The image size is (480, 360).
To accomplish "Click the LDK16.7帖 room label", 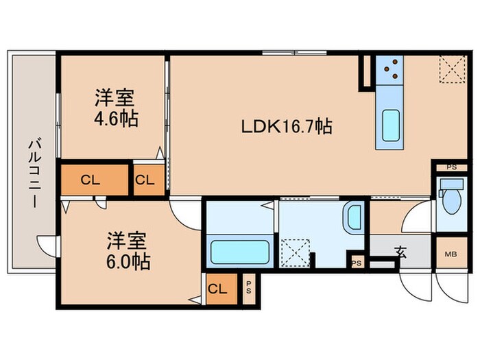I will click(x=287, y=126).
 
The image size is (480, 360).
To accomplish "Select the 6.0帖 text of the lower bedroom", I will click(x=129, y=261).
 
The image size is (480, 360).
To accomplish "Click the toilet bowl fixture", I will click(x=451, y=199).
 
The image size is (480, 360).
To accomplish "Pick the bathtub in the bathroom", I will click(x=237, y=252).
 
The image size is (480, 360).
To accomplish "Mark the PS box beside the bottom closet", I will click(x=248, y=289).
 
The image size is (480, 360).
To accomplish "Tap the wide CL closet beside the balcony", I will click(x=95, y=180).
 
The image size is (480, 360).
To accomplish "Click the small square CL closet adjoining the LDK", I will click(x=145, y=180).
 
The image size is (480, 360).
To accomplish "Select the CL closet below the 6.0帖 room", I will click(x=217, y=289).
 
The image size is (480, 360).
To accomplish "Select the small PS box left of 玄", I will click(x=355, y=263).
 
